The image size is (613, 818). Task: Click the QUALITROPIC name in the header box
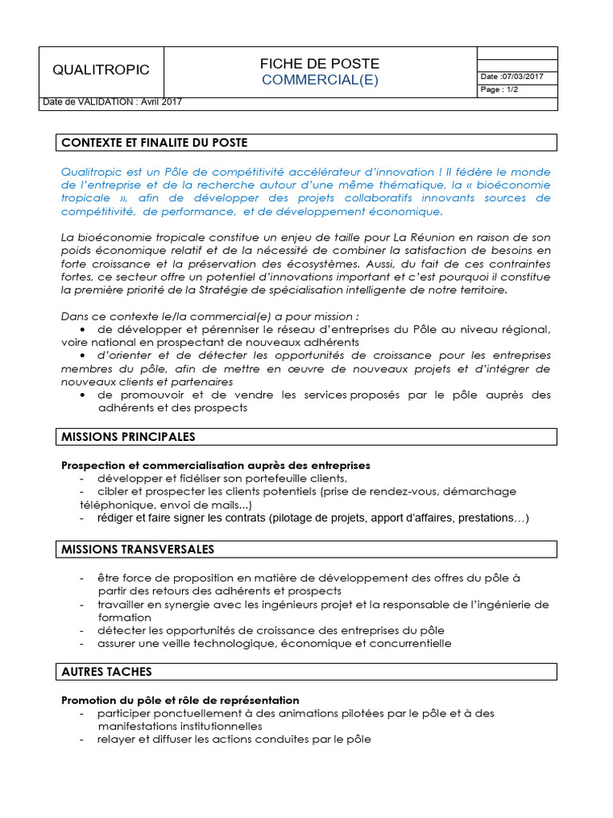click(101, 70)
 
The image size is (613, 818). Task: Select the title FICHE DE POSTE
click(319, 64)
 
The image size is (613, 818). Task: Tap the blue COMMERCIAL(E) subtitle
click(319, 80)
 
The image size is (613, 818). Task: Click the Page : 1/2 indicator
click(500, 89)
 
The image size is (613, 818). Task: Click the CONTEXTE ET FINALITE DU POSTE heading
click(155, 143)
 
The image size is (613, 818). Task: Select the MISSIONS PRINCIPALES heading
click(129, 437)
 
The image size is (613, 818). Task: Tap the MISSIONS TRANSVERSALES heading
click(137, 550)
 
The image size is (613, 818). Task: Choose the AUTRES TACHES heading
click(107, 672)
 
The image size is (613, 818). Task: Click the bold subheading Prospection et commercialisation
click(216, 465)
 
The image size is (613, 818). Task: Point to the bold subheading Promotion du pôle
click(180, 700)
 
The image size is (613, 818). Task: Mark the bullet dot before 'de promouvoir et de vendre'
click(83, 395)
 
